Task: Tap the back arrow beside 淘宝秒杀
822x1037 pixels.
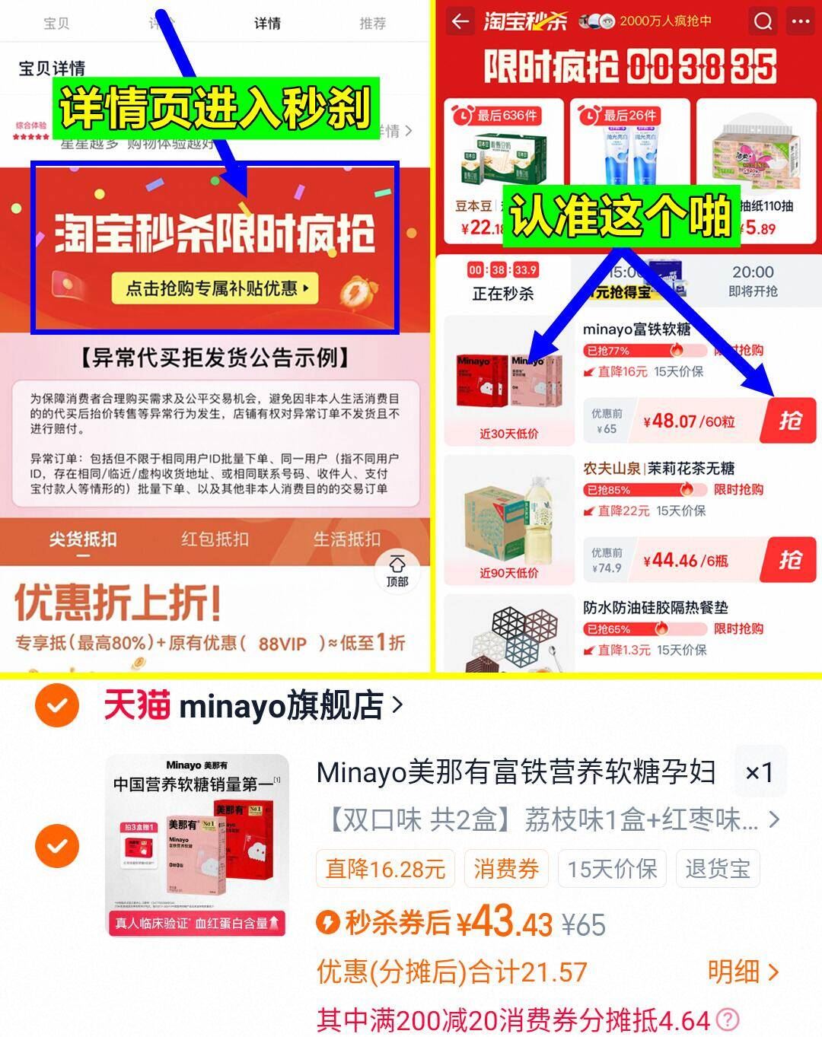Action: point(460,21)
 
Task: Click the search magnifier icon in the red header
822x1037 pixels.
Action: point(763,21)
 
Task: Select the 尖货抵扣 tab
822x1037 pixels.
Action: point(83,539)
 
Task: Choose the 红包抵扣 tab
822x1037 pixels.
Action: point(215,539)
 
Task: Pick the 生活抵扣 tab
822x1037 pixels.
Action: point(346,539)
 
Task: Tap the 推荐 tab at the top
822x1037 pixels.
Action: point(372,24)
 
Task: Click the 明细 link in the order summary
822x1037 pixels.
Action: point(742,972)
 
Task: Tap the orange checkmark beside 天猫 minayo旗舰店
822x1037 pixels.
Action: point(57,706)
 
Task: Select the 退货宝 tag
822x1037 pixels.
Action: point(717,868)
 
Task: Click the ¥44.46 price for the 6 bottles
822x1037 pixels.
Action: point(685,561)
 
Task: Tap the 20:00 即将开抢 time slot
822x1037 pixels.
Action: point(753,281)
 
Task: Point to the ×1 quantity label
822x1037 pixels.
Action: point(759,773)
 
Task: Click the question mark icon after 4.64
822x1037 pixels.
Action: point(728,1020)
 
